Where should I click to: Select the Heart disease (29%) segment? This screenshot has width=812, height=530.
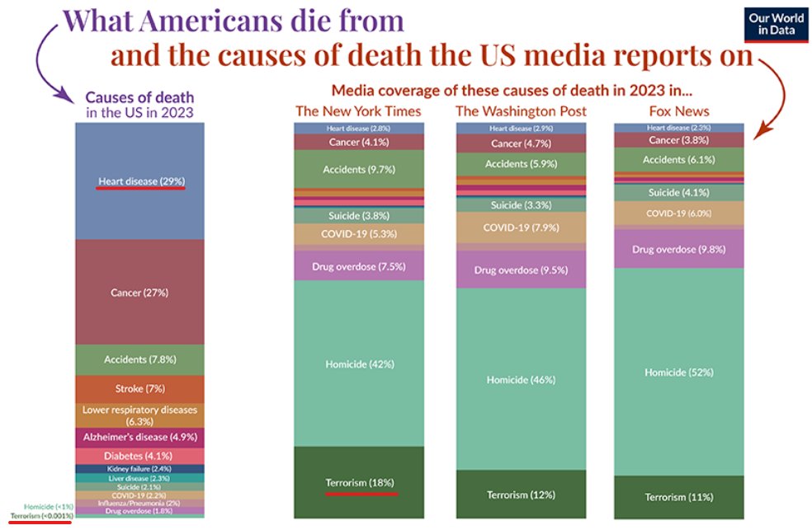click(139, 181)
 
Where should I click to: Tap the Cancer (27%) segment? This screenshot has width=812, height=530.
click(139, 292)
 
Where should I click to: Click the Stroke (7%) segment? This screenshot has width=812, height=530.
click(139, 388)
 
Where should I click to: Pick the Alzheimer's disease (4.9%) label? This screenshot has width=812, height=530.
click(139, 437)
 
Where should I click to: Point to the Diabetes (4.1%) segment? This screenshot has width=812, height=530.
click(139, 455)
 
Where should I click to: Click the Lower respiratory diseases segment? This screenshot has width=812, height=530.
click(139, 415)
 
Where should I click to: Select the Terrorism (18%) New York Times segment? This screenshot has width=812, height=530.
click(358, 482)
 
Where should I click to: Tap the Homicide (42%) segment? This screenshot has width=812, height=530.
click(358, 363)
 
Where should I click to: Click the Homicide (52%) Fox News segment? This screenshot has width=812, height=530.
click(679, 372)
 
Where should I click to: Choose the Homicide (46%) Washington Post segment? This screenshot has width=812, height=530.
click(520, 379)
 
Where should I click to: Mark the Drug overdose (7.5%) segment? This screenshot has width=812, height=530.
click(358, 265)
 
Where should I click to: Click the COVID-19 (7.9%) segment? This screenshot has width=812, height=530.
click(520, 227)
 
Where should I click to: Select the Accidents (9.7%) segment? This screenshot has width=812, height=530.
click(358, 169)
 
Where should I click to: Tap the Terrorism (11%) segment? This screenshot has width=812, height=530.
click(679, 497)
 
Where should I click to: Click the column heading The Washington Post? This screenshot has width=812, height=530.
click(520, 110)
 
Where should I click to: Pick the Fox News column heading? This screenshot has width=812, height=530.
click(679, 110)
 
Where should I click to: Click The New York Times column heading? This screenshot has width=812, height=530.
click(358, 110)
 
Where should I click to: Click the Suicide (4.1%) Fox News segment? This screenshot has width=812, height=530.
click(679, 193)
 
